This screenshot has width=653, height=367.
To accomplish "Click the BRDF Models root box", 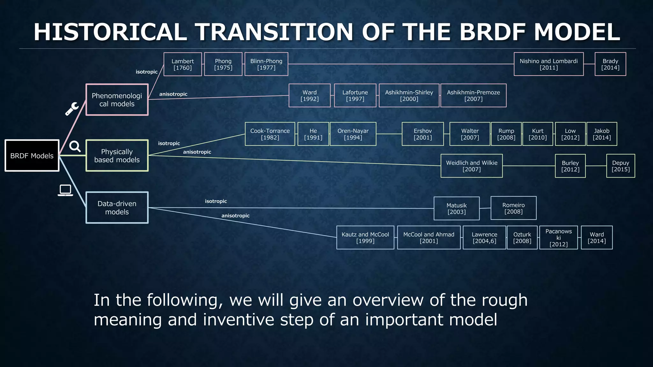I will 32,156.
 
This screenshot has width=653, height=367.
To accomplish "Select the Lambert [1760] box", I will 183,64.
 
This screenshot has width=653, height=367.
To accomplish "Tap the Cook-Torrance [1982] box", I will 270,134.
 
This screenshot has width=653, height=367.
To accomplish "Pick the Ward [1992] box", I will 310,95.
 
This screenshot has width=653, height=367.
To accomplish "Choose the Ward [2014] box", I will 597,238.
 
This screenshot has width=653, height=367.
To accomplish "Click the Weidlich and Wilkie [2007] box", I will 472,166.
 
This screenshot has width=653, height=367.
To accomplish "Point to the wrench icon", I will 72,109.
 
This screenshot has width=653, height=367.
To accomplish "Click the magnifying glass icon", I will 75,146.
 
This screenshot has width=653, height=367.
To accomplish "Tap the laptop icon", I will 65,190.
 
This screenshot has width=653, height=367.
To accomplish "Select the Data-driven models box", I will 117,208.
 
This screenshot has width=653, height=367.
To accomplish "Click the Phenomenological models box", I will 117,99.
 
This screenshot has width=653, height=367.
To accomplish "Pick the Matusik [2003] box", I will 457,209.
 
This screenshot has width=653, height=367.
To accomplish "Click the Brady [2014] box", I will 610,64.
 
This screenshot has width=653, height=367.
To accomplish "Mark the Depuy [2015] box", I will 620,166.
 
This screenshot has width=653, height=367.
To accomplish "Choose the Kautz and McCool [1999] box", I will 365,238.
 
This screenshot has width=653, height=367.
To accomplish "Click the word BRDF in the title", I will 493,32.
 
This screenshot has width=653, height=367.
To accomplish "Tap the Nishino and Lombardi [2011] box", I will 549,64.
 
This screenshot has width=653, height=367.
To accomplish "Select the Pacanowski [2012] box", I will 559,238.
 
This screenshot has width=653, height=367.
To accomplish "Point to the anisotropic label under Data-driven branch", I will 235,216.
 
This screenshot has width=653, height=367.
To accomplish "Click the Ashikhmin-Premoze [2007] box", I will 473,95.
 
